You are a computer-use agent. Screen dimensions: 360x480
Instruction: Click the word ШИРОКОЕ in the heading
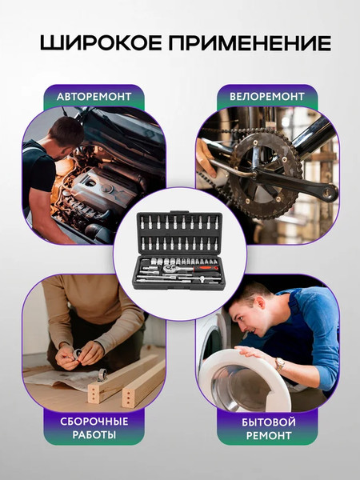101,43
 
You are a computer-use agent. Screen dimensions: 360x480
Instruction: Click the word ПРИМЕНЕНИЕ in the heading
250,43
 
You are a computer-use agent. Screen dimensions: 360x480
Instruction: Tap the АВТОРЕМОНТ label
94,97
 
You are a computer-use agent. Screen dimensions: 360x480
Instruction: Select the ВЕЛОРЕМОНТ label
267,97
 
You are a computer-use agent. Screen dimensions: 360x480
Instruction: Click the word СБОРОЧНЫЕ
94,422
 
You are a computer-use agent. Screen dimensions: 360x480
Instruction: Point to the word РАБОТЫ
94,434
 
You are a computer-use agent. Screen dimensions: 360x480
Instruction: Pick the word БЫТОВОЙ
269,422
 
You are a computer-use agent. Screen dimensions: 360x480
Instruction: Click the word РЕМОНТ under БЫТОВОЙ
269,435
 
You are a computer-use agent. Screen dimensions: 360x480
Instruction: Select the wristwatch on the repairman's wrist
279,364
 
